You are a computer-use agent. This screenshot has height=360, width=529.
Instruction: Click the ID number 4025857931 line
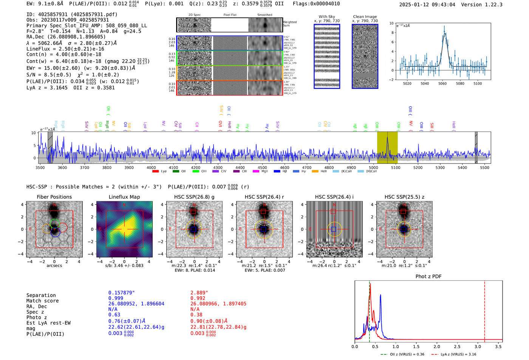coord(72,14)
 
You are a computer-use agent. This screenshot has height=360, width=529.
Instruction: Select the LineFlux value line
coord(65,49)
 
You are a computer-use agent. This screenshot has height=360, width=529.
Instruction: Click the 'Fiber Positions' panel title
coord(54,197)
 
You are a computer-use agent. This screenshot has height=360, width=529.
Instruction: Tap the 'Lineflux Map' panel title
coord(124,197)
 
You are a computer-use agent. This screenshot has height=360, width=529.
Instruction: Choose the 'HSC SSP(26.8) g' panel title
coord(194,197)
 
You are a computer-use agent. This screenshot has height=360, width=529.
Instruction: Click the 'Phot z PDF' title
coord(428,277)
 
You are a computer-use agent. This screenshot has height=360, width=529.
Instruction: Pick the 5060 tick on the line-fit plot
coord(442,83)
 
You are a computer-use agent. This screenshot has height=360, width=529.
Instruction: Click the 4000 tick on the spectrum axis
coord(151,168)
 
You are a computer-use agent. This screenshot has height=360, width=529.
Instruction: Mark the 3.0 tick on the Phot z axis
coord(478,346)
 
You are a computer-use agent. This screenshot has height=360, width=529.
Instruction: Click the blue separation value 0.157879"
coord(121,293)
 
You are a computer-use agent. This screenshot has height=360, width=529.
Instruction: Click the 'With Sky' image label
coord(327,17)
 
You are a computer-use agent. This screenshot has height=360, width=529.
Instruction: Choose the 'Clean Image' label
coord(365,17)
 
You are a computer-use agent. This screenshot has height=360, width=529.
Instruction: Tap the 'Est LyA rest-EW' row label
coord(48,323)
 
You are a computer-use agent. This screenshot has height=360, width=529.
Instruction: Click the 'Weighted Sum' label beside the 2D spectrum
coord(290,24)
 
